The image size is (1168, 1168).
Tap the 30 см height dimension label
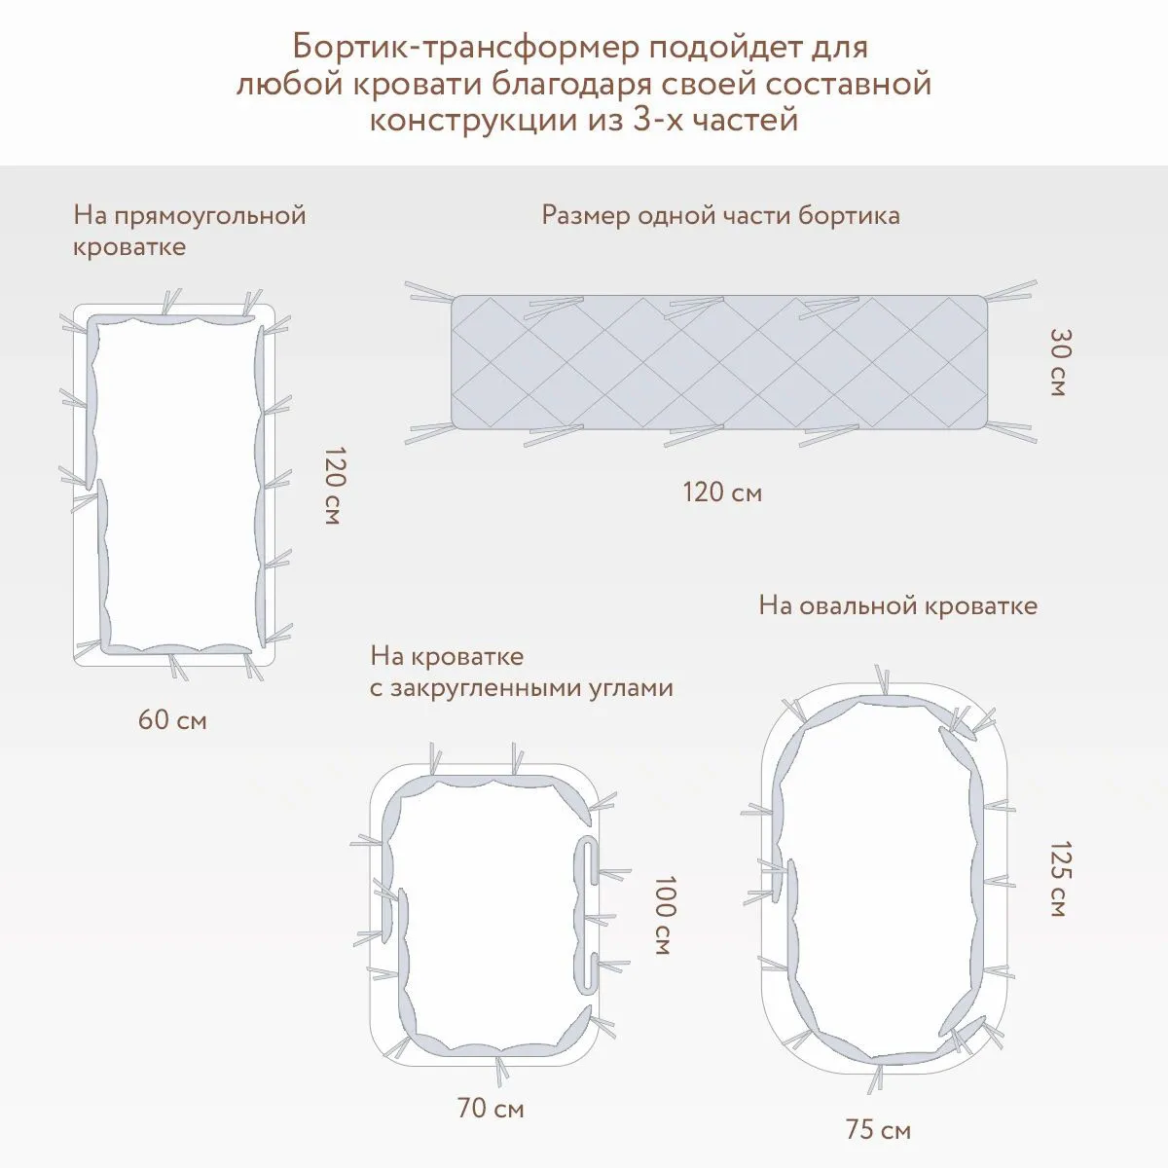point(1059,362)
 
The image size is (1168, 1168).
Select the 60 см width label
point(173,721)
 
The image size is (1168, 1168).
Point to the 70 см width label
point(490,1108)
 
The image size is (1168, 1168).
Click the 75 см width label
point(878,1130)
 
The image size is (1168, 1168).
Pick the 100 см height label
point(662,915)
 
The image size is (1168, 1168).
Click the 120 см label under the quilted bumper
point(721,493)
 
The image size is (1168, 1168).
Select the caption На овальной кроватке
point(897,605)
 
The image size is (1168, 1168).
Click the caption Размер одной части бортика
point(720,215)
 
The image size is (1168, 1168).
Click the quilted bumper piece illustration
point(720,362)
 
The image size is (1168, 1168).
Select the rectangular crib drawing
point(176,484)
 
